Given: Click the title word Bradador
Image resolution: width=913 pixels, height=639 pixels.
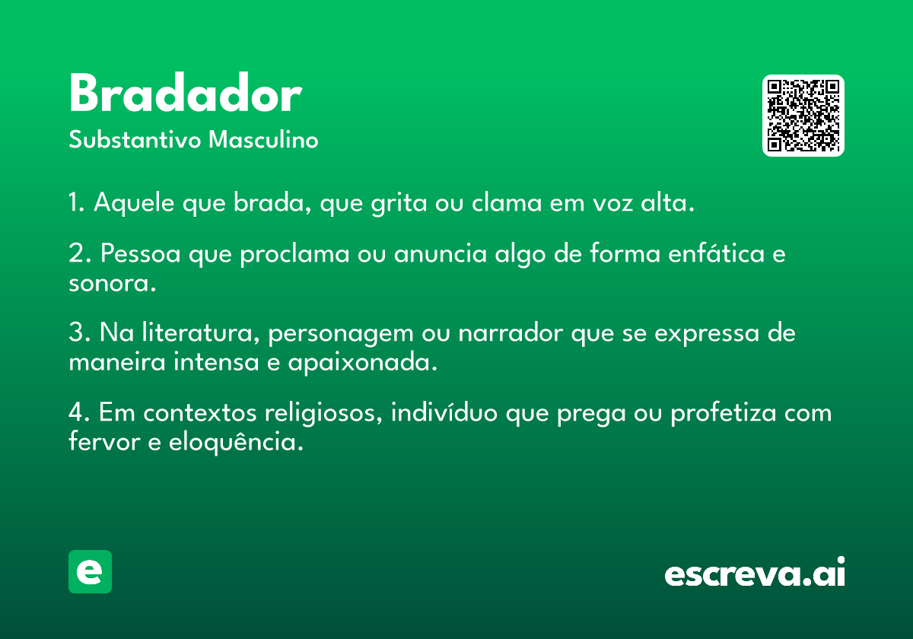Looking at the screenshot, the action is pyautogui.click(x=186, y=93).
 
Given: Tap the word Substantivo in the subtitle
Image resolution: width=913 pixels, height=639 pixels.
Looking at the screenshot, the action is pyautogui.click(x=135, y=140).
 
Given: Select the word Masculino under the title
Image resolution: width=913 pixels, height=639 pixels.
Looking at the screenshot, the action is pyautogui.click(x=263, y=140).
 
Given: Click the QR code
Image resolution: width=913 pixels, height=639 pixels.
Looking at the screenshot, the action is pyautogui.click(x=803, y=116).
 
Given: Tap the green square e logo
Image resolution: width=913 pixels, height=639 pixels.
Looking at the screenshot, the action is pyautogui.click(x=90, y=571).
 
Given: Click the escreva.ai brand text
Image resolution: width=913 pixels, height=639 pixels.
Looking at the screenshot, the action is pyautogui.click(x=755, y=572).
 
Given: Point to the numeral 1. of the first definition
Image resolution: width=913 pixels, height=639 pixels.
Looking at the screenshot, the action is pyautogui.click(x=77, y=202).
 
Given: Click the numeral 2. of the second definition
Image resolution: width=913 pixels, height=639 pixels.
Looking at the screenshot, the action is pyautogui.click(x=79, y=253).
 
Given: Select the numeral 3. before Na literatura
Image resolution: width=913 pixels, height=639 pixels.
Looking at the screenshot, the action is pyautogui.click(x=79, y=332).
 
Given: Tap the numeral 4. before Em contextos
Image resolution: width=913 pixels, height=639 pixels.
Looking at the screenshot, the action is pyautogui.click(x=79, y=412).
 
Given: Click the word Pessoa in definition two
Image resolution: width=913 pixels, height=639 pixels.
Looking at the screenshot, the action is pyautogui.click(x=141, y=253).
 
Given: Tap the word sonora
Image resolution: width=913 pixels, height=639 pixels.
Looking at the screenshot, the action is pyautogui.click(x=113, y=283).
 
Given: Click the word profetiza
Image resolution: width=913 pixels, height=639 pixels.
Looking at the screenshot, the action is pyautogui.click(x=724, y=413).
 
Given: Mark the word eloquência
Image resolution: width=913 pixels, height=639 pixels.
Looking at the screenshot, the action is pyautogui.click(x=237, y=442).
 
